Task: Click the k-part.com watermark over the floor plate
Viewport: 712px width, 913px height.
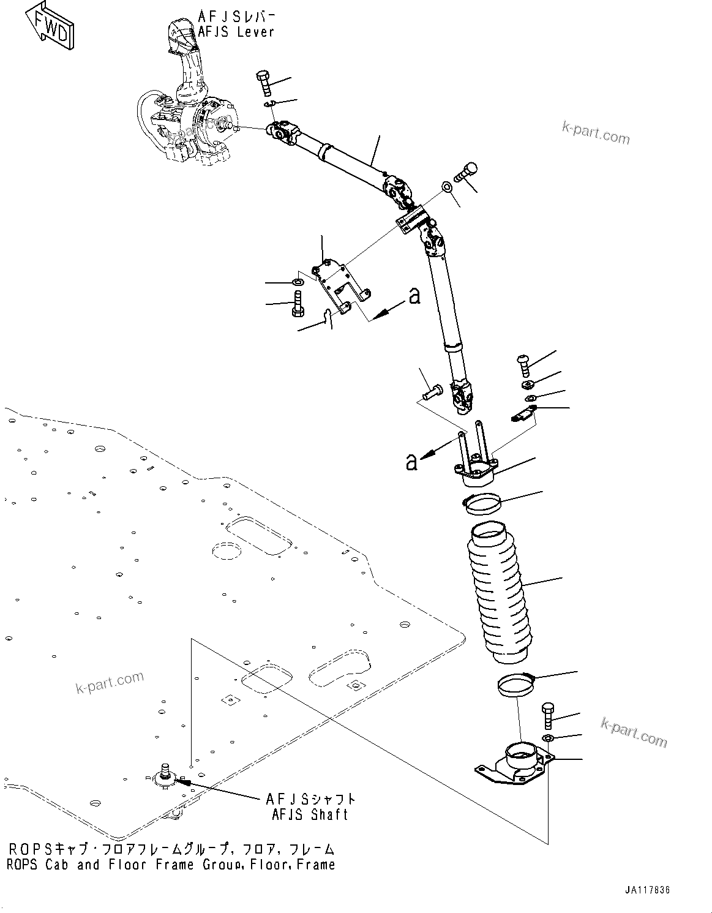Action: point(110,682)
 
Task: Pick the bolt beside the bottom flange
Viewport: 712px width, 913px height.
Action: point(547,715)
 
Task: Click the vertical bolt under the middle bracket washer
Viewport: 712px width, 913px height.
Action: point(297,304)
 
